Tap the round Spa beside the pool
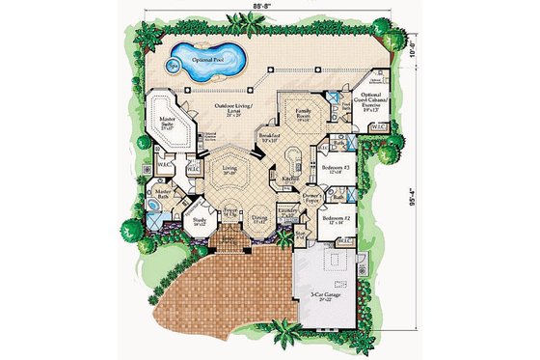[x=174, y=67]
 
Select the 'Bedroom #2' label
[x=337, y=218]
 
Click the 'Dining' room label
[x=259, y=218]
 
